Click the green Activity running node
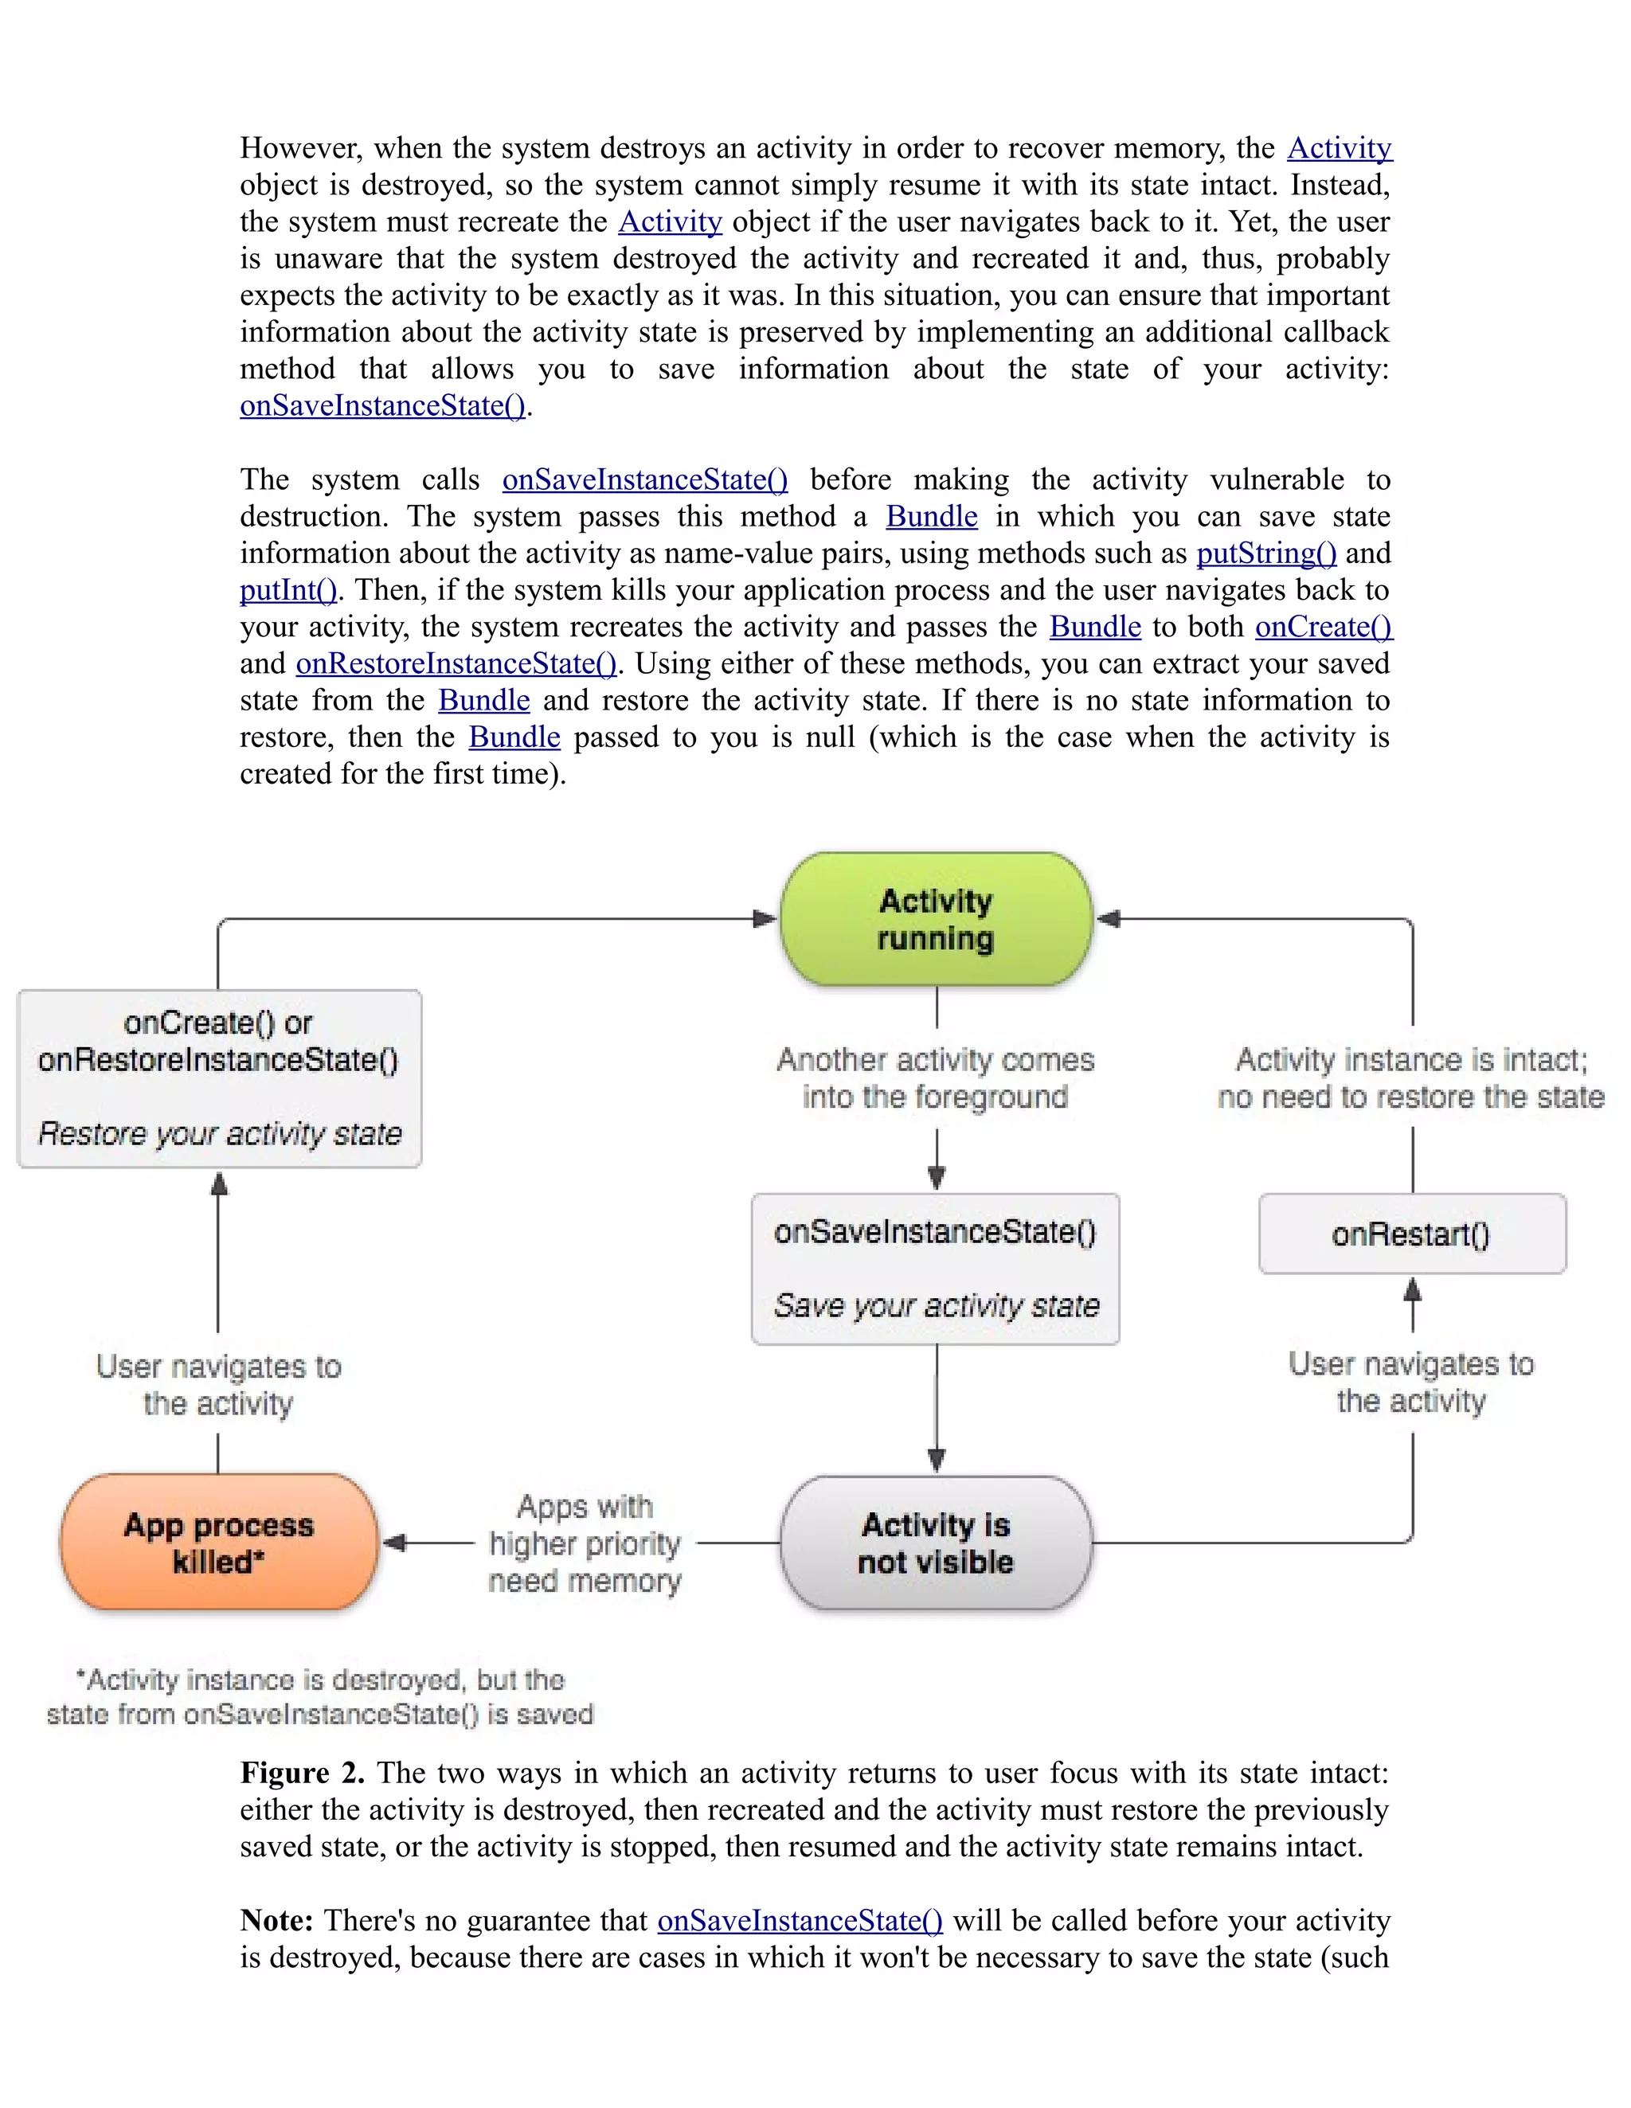(x=935, y=919)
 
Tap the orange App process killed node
(x=219, y=1543)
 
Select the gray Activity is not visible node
(x=935, y=1543)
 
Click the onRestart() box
(x=1411, y=1234)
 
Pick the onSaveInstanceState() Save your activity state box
(x=935, y=1269)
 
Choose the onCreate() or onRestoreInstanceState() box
(x=219, y=1078)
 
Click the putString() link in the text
(x=1265, y=553)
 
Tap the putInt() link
(x=287, y=590)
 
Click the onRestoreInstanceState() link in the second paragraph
(x=456, y=663)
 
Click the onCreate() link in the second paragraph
(x=1322, y=627)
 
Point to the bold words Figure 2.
(x=301, y=1772)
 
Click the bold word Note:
(x=276, y=1920)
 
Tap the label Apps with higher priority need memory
(x=585, y=1543)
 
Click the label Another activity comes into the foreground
(x=935, y=1078)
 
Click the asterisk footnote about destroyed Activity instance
(x=319, y=1697)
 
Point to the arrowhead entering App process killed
(x=393, y=1543)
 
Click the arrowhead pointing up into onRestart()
(x=1412, y=1289)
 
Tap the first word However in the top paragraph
(x=300, y=147)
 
